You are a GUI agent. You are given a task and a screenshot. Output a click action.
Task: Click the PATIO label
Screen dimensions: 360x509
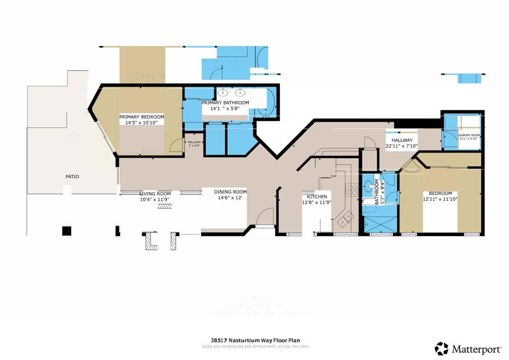[x=72, y=177]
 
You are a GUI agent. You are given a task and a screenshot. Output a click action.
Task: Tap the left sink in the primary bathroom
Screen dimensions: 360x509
[x=224, y=91]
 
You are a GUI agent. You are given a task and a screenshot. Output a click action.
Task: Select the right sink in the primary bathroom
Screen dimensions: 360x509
[x=241, y=91]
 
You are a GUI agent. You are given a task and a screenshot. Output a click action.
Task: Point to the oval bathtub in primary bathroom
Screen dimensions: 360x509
[x=270, y=102]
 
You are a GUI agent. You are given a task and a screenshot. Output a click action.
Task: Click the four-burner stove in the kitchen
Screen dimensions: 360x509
[x=352, y=189]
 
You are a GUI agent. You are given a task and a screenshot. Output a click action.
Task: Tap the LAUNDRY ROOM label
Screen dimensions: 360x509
[x=469, y=135]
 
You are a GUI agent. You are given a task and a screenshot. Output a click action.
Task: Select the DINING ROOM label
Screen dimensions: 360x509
[x=230, y=192]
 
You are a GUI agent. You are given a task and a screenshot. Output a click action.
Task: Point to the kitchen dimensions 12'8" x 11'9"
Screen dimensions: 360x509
[x=317, y=202]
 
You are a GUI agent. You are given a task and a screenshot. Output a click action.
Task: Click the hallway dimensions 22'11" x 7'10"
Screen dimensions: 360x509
[x=402, y=146]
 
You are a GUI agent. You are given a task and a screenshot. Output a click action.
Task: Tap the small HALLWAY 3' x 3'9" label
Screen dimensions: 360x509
[x=194, y=144]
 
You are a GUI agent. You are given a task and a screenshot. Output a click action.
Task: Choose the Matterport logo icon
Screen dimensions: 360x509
[x=441, y=349]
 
